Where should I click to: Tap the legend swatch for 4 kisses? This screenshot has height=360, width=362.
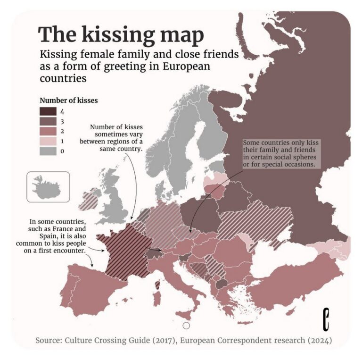pos(47,111)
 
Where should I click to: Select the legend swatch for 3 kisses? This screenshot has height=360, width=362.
pos(47,121)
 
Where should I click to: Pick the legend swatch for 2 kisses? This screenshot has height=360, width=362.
pos(47,131)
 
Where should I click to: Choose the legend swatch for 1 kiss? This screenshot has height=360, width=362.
pos(47,141)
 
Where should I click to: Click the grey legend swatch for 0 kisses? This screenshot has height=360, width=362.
pos(47,151)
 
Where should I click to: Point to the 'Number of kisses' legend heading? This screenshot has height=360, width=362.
pos(68,100)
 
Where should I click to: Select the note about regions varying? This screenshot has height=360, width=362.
pos(116,138)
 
